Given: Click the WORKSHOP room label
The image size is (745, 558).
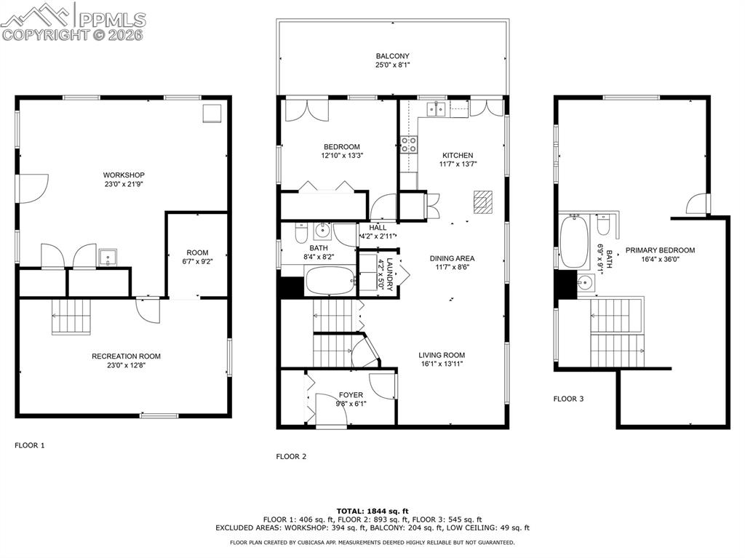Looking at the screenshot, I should [x=124, y=175].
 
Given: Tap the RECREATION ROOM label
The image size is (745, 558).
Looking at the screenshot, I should [x=126, y=356].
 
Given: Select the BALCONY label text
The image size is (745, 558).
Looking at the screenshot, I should [x=392, y=56].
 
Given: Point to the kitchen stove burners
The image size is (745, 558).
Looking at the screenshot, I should [x=408, y=144].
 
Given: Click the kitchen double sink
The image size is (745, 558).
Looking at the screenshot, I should [x=437, y=110].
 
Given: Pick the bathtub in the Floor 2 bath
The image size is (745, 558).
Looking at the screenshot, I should [x=329, y=281].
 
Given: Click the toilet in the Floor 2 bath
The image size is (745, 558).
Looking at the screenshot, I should [x=300, y=233].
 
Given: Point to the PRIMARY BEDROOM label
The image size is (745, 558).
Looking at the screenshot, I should [x=655, y=250].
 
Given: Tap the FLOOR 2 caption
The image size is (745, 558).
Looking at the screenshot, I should [x=291, y=457].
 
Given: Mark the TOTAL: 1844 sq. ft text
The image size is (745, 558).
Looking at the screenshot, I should [x=372, y=511].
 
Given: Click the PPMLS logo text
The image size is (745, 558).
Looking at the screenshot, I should [x=112, y=19].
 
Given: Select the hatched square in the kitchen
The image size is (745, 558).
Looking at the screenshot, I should [x=482, y=201].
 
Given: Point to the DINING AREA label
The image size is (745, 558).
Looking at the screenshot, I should [x=452, y=258].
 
